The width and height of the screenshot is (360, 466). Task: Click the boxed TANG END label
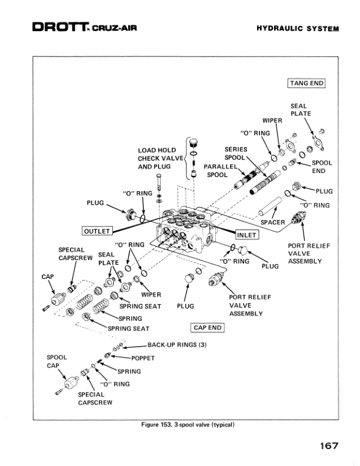[x=306, y=83]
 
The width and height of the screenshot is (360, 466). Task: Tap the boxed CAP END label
[x=206, y=328]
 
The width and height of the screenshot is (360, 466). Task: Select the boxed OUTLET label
[x=96, y=230]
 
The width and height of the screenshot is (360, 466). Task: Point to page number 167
[x=329, y=445]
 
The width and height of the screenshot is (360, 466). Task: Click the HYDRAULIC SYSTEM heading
[x=298, y=29]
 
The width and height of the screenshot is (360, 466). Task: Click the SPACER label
[x=272, y=222]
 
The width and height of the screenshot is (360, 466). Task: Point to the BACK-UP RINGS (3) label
[x=176, y=344]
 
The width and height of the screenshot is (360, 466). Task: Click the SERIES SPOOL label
[x=236, y=154]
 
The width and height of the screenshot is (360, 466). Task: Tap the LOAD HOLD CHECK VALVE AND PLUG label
[x=157, y=158]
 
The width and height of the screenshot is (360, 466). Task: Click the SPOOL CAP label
[x=56, y=361]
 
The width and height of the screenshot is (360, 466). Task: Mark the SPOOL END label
[x=322, y=167]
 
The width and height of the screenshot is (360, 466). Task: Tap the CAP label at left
[x=47, y=277]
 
